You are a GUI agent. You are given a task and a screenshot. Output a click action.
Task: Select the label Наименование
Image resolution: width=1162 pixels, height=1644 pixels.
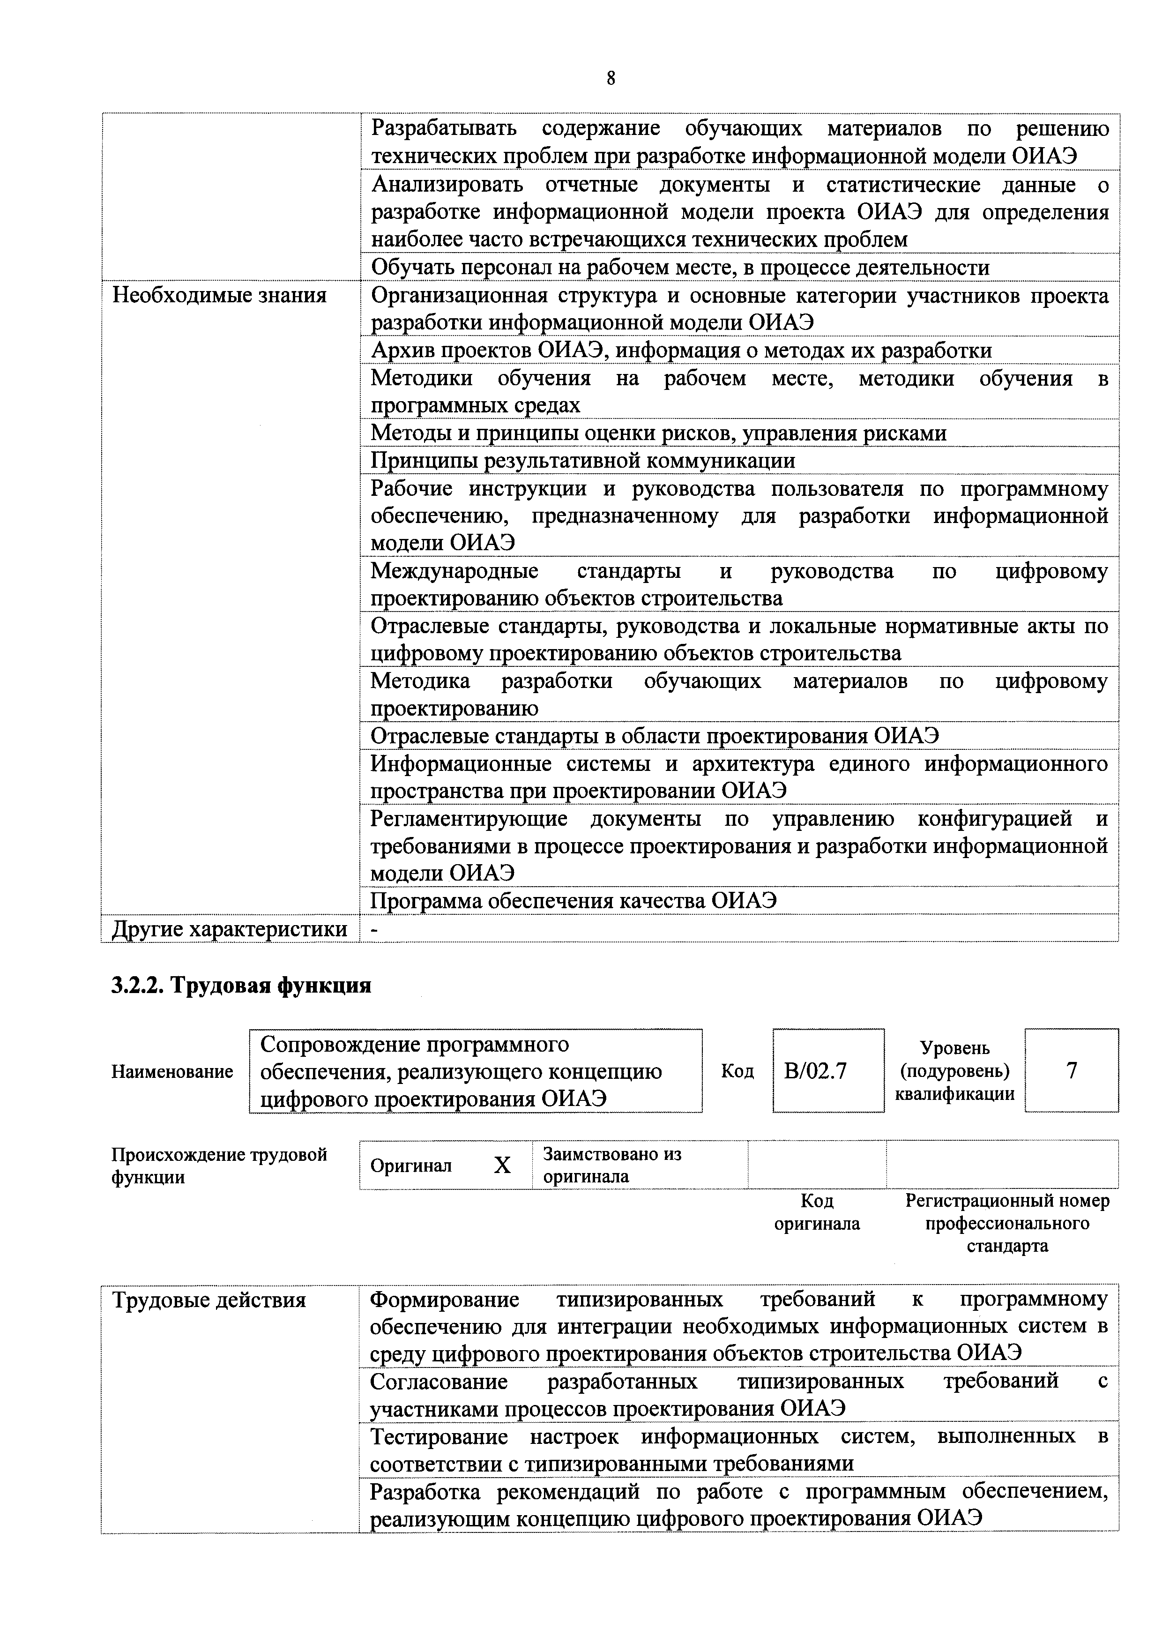[x=172, y=1072]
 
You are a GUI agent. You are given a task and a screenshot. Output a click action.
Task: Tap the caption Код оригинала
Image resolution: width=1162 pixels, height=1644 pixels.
[x=816, y=1212]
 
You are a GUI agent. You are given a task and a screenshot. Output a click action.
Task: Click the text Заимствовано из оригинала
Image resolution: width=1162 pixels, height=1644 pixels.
[x=612, y=1165]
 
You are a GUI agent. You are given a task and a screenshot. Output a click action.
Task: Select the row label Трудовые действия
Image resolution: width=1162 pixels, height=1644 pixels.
[x=209, y=1300]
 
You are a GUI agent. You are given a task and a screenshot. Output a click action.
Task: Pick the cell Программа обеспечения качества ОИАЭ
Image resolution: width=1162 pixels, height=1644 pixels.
[x=573, y=901]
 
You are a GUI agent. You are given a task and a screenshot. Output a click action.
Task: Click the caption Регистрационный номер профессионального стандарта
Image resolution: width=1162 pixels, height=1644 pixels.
[x=1006, y=1224]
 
